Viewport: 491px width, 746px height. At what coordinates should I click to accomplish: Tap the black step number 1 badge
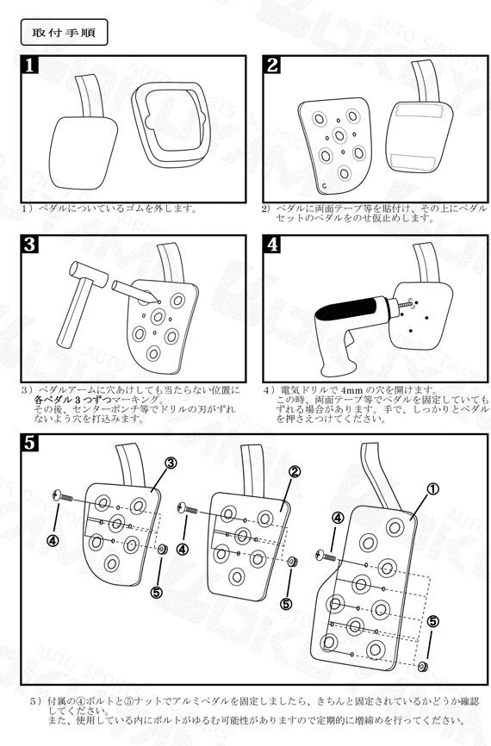point(30,65)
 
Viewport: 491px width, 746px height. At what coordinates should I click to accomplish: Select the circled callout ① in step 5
point(432,488)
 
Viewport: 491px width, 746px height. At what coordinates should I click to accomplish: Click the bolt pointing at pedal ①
point(324,553)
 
